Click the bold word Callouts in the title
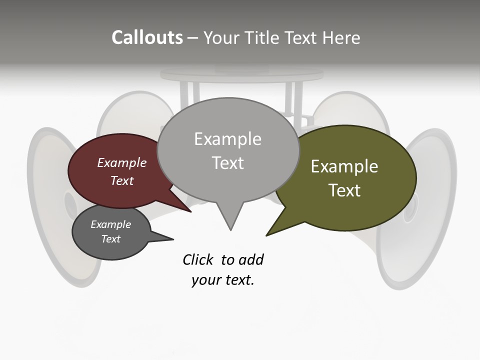(x=147, y=37)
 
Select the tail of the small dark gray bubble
(x=162, y=238)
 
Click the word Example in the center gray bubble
(x=227, y=139)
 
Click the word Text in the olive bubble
(x=345, y=190)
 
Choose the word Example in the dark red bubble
(x=121, y=163)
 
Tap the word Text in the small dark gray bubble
(x=110, y=239)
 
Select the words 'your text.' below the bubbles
(x=222, y=280)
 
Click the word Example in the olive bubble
(x=344, y=166)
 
